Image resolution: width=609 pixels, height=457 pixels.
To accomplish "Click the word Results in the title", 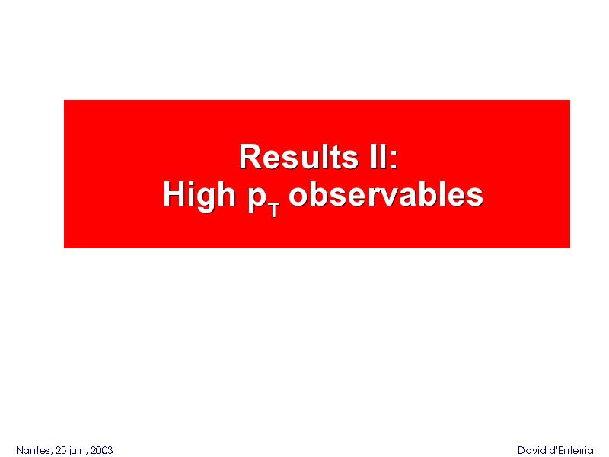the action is pyautogui.click(x=298, y=157).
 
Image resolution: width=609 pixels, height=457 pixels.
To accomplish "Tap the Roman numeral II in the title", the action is pyautogui.click(x=377, y=157).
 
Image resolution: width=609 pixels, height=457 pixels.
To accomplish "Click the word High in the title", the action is pyautogui.click(x=199, y=196).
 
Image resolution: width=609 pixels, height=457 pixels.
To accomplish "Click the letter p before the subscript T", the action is pyautogui.click(x=257, y=200).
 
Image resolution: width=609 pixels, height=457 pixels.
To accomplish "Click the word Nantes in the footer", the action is pyautogui.click(x=33, y=450).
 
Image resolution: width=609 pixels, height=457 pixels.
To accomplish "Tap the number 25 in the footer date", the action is pyautogui.click(x=62, y=450).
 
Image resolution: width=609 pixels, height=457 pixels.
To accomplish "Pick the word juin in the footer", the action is pyautogui.click(x=77, y=451).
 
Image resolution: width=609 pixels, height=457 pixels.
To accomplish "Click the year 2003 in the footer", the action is pyautogui.click(x=101, y=450).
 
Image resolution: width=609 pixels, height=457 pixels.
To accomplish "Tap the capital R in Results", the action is pyautogui.click(x=250, y=157).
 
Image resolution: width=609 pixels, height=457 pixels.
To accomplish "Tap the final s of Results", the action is pyautogui.click(x=349, y=160).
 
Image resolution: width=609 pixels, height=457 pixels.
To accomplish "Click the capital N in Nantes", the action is pyautogui.click(x=20, y=450).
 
